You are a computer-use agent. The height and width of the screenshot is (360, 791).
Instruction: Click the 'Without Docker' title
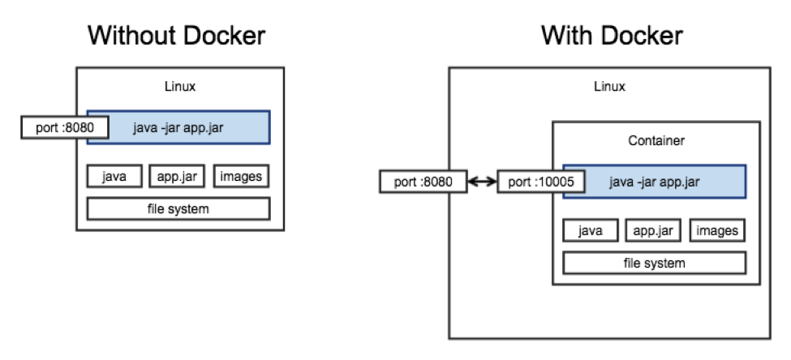(176, 36)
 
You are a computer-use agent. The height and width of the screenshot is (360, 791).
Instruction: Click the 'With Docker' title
(612, 36)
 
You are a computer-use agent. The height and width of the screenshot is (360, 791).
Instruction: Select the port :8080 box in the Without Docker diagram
(65, 127)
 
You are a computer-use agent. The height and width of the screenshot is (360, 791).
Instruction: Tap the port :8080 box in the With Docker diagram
(423, 182)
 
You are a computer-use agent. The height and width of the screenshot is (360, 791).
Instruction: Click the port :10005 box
(541, 182)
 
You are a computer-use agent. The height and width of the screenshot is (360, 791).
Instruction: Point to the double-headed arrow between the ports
(482, 182)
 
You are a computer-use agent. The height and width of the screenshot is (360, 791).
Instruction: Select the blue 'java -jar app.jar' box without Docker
(178, 127)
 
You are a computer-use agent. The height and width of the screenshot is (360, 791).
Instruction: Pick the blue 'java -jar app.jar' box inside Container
(654, 182)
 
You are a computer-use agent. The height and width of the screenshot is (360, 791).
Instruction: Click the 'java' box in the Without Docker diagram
(114, 177)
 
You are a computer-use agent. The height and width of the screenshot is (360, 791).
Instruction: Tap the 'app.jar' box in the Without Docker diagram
(177, 177)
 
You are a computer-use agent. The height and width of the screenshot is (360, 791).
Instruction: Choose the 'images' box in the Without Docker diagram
(241, 177)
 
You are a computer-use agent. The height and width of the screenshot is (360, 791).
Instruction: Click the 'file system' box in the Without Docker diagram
(178, 208)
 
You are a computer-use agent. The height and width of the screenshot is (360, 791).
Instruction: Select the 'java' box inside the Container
(591, 231)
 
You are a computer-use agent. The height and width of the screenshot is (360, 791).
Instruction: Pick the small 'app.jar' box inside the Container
(653, 231)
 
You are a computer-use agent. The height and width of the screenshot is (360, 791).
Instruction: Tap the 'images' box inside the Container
(717, 231)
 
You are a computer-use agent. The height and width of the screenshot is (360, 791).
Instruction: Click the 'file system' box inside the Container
(654, 264)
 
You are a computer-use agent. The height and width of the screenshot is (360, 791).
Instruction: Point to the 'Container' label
(656, 140)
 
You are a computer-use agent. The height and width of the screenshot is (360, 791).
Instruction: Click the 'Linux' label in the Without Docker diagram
(180, 87)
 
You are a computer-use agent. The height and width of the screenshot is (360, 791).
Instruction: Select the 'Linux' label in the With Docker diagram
(609, 87)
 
